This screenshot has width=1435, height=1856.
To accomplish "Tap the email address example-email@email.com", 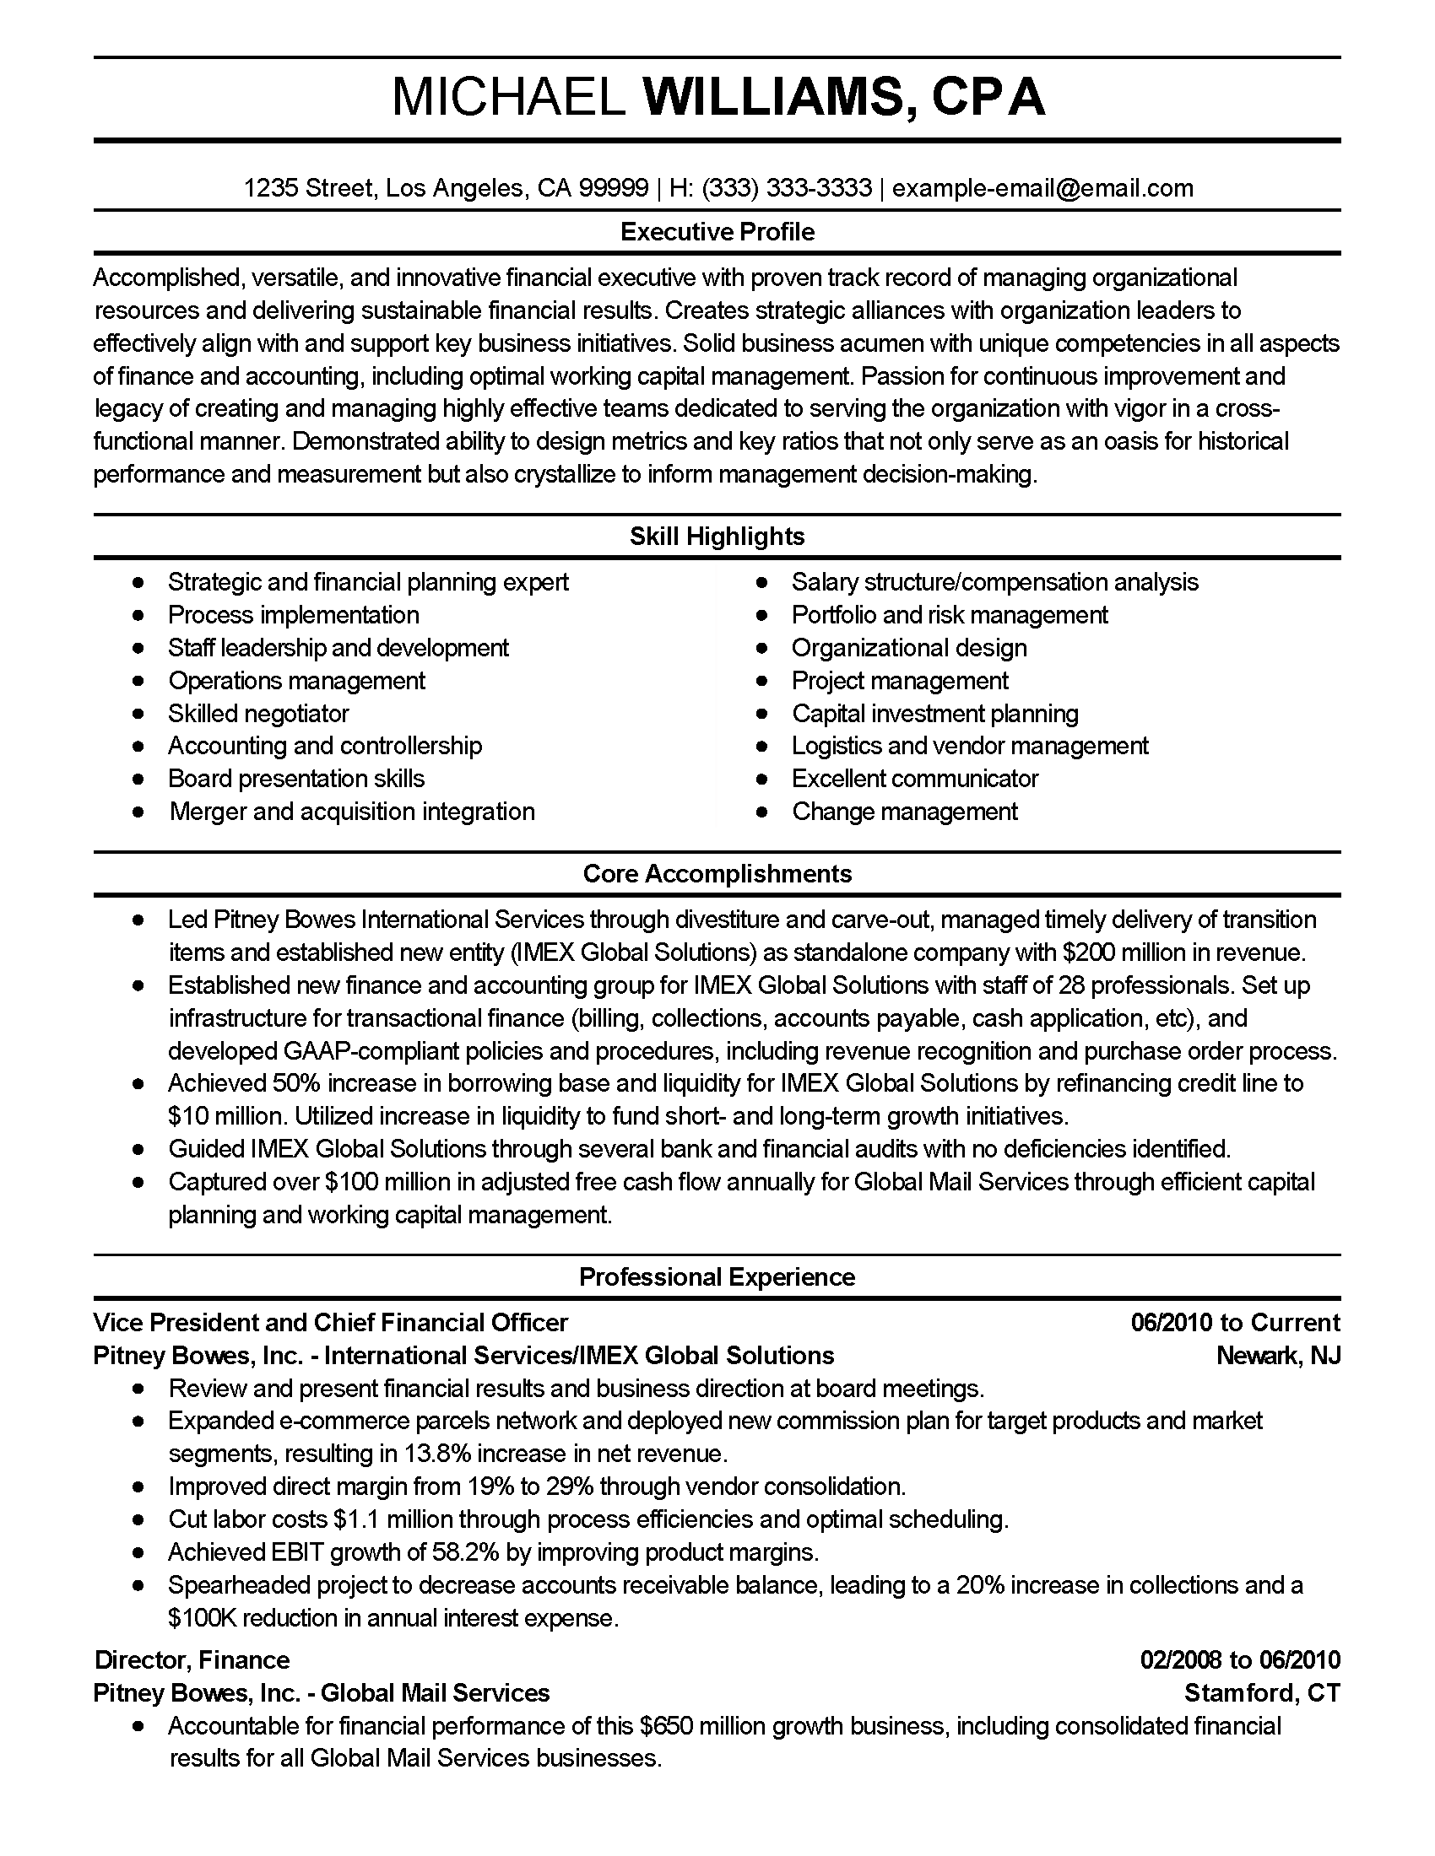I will pyautogui.click(x=1042, y=188).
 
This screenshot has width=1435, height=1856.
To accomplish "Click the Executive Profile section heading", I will pyautogui.click(x=717, y=232).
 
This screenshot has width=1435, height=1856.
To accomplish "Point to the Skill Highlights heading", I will pyautogui.click(x=717, y=537).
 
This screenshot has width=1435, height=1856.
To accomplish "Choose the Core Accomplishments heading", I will pyautogui.click(x=717, y=874).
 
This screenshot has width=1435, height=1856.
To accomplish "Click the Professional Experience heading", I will pyautogui.click(x=717, y=1277).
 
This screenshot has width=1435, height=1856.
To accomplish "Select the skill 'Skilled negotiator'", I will pyautogui.click(x=258, y=713).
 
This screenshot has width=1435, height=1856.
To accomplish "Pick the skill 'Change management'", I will pyautogui.click(x=905, y=812).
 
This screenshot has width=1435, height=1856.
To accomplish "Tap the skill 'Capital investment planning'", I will pyautogui.click(x=935, y=713).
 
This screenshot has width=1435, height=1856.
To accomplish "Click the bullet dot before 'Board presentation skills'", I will pyautogui.click(x=138, y=779).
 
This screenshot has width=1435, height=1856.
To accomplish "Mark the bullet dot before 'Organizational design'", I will pyautogui.click(x=762, y=649).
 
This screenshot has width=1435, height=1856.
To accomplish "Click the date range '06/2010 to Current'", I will pyautogui.click(x=1235, y=1322).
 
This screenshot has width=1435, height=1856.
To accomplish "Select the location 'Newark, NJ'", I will pyautogui.click(x=1278, y=1356).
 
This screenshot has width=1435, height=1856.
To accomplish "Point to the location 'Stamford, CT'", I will pyautogui.click(x=1262, y=1693).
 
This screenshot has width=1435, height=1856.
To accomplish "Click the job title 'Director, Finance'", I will pyautogui.click(x=192, y=1659).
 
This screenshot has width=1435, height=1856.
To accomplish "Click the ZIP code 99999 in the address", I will pyautogui.click(x=613, y=188).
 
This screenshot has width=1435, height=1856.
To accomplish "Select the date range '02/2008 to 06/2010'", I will pyautogui.click(x=1239, y=1659).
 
